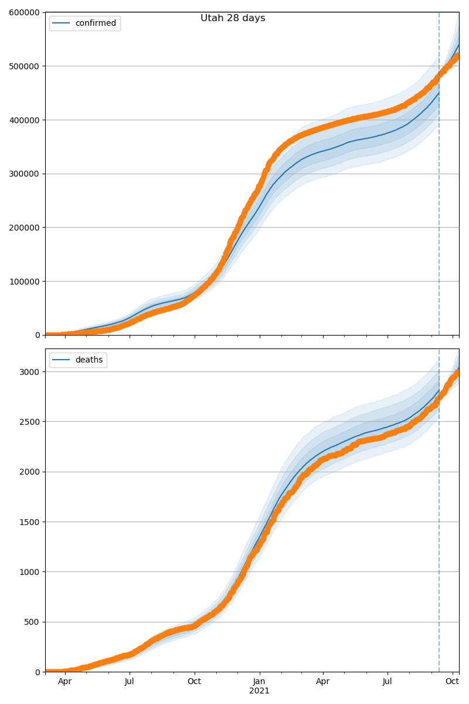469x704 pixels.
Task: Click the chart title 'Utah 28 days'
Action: point(233,18)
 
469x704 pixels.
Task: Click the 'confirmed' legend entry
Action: point(96,23)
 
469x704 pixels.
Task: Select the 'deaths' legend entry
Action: point(89,360)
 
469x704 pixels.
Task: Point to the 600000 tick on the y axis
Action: point(24,12)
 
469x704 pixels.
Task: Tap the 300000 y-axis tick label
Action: point(24,174)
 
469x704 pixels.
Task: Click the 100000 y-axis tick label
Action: point(24,281)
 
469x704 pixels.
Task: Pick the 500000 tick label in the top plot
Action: point(24,66)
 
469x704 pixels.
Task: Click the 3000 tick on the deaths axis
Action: point(30,372)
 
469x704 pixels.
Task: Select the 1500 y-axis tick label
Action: point(30,522)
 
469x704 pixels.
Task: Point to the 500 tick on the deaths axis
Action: point(33,622)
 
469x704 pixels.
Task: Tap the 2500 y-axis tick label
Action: point(30,422)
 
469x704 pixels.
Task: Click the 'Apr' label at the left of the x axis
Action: point(65,682)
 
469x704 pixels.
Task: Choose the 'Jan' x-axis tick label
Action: point(259,682)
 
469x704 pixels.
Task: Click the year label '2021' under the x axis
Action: point(259,691)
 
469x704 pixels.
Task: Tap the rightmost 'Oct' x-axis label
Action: point(452,682)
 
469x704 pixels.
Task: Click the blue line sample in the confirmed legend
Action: point(62,23)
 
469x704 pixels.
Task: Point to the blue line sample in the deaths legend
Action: point(62,360)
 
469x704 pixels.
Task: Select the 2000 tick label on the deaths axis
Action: point(30,472)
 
